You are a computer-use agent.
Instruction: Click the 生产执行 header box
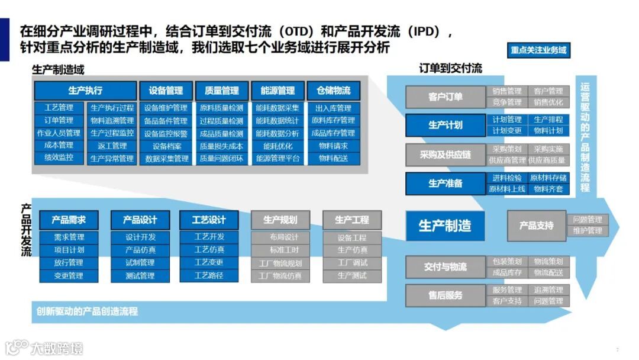85,91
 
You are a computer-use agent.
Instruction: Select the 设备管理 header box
166,91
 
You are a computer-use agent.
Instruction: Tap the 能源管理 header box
277,91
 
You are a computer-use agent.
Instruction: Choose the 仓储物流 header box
334,91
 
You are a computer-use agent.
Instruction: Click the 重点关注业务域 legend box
539,50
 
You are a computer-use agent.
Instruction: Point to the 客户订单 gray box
446,97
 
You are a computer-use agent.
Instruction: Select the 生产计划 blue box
446,125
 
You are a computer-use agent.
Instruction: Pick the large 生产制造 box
445,225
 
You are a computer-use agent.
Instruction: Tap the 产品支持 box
536,226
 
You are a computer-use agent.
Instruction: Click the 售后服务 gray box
446,295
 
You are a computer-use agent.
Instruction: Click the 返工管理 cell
112,146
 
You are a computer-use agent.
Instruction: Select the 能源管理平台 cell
277,159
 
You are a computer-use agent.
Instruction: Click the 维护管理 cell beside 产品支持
587,231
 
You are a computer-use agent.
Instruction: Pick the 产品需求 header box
69,220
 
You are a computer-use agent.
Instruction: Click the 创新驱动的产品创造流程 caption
87,311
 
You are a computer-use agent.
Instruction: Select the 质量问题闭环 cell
221,159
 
